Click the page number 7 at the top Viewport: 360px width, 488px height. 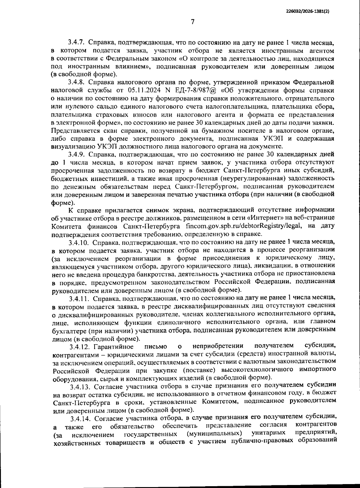(193, 22)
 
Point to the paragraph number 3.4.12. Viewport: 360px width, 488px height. (80, 347)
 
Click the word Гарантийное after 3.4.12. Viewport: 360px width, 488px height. (114, 347)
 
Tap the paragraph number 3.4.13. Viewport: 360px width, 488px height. (80, 385)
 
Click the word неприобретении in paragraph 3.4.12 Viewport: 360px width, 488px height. (218, 346)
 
